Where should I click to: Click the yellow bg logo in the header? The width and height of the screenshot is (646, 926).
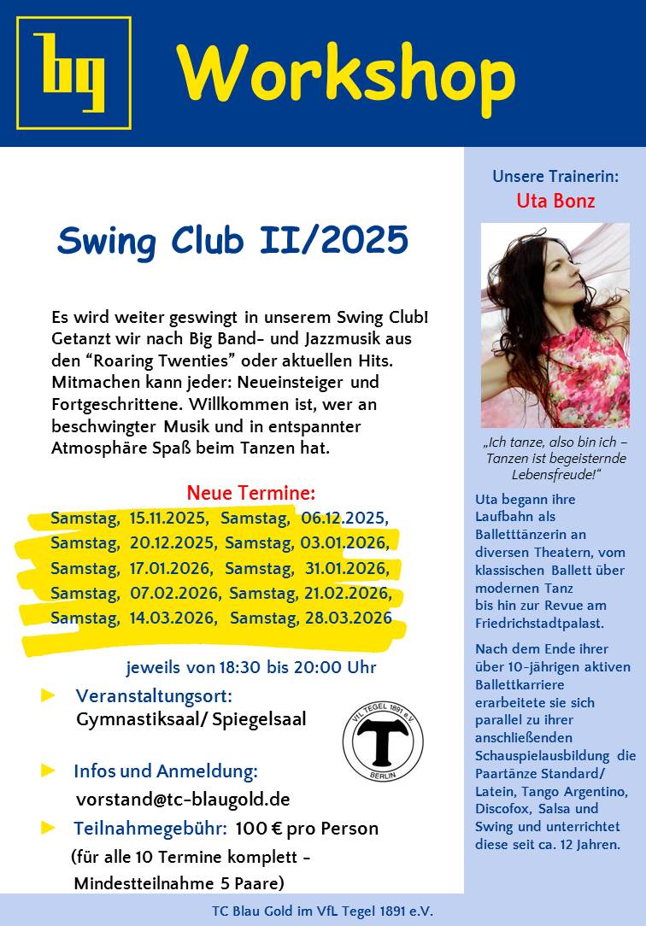point(73,73)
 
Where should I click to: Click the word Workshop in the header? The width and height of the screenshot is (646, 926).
point(346,73)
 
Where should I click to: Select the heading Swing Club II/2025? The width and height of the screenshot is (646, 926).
point(232,240)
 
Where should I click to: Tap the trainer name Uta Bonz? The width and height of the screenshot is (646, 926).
point(555,202)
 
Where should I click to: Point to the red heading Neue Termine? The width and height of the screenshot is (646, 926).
point(250,493)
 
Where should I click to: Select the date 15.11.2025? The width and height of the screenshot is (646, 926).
point(167,518)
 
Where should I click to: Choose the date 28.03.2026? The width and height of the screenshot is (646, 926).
point(349,618)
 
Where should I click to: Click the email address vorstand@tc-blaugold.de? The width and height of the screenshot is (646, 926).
point(183,800)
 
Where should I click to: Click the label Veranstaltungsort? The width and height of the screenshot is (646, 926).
point(154,695)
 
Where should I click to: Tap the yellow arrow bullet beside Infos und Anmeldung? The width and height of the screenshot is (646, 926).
point(49,771)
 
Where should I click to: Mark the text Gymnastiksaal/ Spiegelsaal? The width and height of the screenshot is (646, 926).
point(191,719)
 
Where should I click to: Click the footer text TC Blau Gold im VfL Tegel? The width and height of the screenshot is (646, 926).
point(322,911)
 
